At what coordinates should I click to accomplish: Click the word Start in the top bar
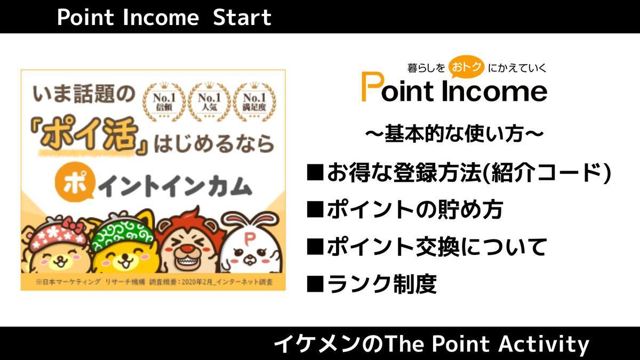pyautogui.click(x=242, y=18)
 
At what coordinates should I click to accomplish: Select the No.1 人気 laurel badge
pyautogui.click(x=209, y=101)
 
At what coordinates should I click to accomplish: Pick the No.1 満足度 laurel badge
pyautogui.click(x=254, y=101)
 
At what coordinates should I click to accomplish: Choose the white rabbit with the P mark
pyautogui.click(x=249, y=243)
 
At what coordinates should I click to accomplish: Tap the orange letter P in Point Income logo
pyautogui.click(x=371, y=87)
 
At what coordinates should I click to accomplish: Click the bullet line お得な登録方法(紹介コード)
pyautogui.click(x=458, y=173)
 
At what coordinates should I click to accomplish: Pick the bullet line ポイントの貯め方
pyautogui.click(x=405, y=210)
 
